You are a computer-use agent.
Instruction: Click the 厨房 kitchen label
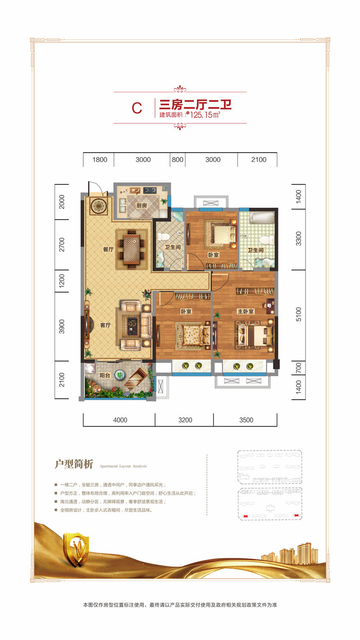pos(141,205)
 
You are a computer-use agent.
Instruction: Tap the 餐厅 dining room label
pos(108,249)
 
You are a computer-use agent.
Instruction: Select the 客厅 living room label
pos(105,325)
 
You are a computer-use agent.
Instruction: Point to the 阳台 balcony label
pos(104,375)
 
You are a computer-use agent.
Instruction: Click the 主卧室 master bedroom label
pos(246,311)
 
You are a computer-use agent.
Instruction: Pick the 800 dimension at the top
pos(177,160)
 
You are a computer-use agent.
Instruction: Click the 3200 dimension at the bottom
pos(185,420)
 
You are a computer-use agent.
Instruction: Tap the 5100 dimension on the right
pos(298,314)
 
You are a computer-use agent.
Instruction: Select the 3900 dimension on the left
pos(62,327)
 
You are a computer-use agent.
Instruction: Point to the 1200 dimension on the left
pos(62,281)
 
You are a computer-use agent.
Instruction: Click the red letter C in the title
pos(137,108)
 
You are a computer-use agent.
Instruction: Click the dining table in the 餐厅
pos(131,249)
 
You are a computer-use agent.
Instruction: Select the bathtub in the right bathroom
pos(262,218)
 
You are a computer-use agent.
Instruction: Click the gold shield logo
pos(76,550)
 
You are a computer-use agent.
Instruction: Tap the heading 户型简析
pos(74,464)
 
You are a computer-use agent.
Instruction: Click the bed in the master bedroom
pos(254,335)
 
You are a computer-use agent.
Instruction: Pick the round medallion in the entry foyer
pos(99,205)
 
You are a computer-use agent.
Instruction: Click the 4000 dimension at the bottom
pos(120,420)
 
